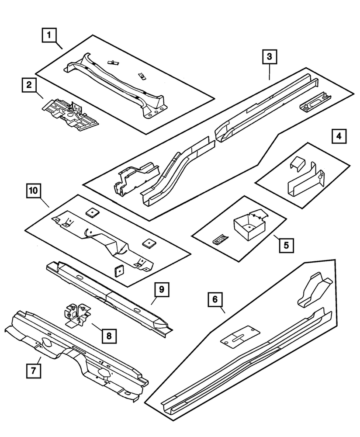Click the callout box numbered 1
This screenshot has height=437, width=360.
[x=49, y=34]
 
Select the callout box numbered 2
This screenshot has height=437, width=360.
[x=28, y=85]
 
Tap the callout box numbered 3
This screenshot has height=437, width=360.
[x=270, y=56]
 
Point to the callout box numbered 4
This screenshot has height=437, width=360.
[x=339, y=136]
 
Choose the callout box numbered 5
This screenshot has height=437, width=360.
[x=286, y=245]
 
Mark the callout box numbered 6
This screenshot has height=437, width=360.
[x=215, y=300]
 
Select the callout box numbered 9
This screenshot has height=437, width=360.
[x=161, y=289]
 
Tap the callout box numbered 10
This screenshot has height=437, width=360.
[x=34, y=191]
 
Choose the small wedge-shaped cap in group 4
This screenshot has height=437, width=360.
[x=298, y=164]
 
